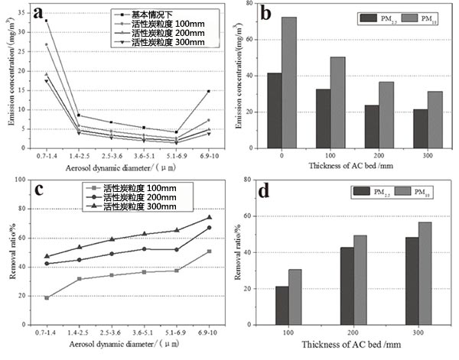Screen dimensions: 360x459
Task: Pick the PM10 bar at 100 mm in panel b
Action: [337, 102]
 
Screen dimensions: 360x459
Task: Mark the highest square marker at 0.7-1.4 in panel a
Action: [47, 21]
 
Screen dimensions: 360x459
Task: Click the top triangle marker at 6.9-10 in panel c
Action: [209, 218]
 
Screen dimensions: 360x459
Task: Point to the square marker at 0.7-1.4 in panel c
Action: [47, 297]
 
